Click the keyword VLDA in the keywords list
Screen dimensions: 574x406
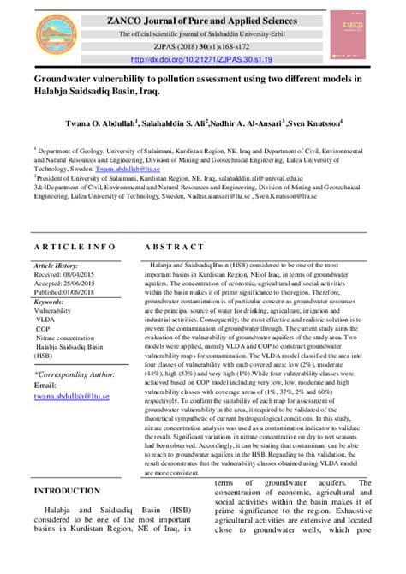[x=46, y=320]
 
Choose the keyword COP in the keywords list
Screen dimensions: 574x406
[x=43, y=329]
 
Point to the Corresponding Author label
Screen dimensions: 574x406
[x=75, y=374]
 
